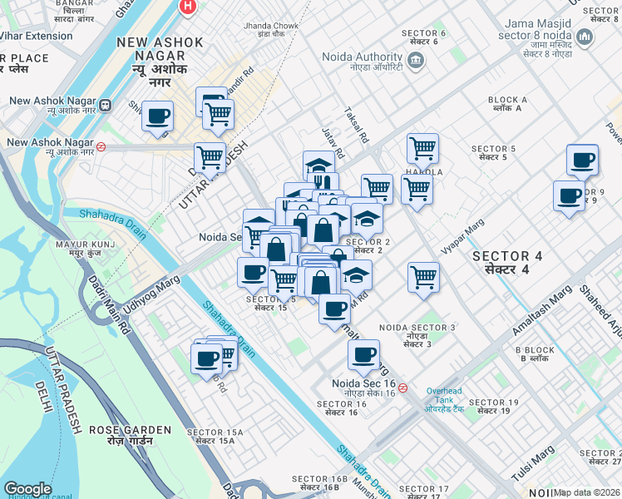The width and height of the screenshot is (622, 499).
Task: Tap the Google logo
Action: tap(27, 489)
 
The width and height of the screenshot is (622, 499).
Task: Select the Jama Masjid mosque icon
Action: tap(585, 37)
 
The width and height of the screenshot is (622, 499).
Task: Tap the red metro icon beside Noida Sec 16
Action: tap(402, 388)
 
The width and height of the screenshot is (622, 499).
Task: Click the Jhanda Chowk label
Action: tap(271, 31)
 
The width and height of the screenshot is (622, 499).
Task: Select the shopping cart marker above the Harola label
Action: tap(422, 148)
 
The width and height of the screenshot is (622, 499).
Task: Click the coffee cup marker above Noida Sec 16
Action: tap(363, 354)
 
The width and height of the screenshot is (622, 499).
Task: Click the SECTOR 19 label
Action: tap(493, 408)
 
